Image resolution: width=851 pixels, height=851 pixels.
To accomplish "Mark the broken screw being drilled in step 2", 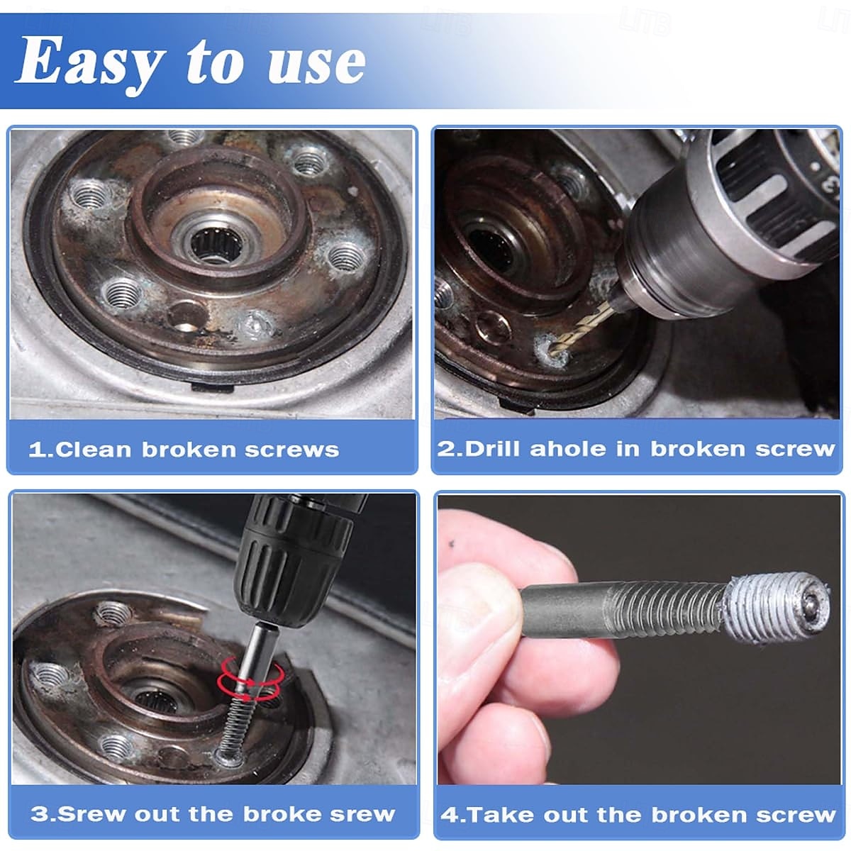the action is click(551, 350).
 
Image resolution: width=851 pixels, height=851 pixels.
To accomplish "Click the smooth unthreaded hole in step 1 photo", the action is click(187, 316).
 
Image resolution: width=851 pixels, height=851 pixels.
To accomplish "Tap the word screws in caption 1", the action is click(291, 450).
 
